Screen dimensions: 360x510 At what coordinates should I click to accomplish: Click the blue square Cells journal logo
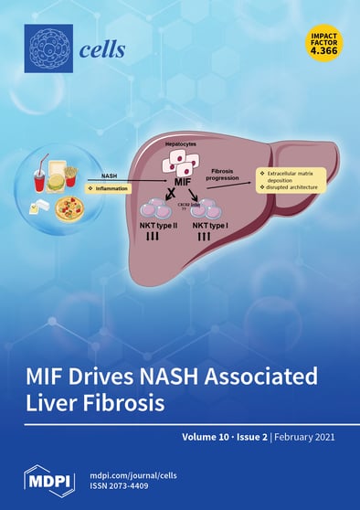pyautogui.click(x=47, y=48)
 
